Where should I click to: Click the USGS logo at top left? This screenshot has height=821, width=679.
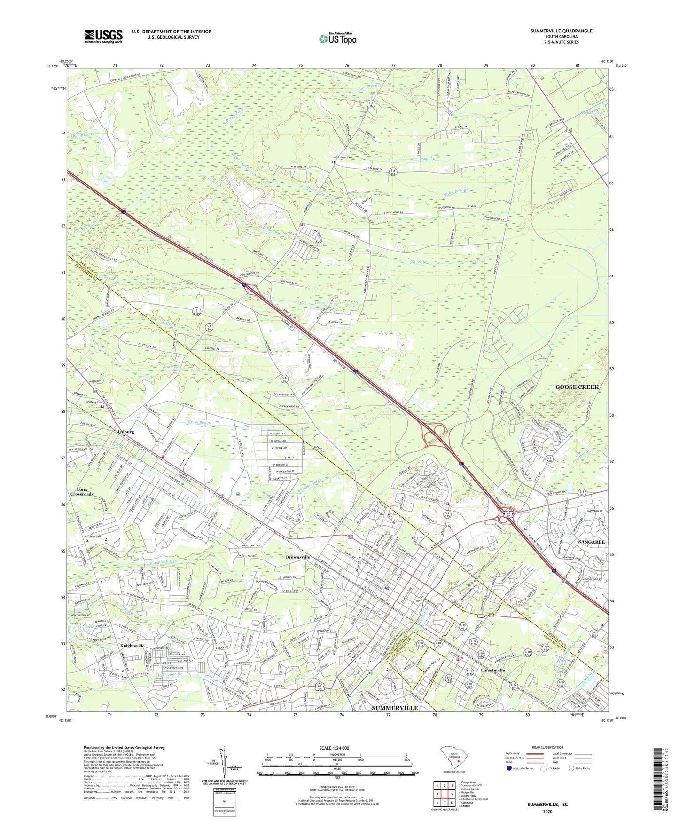point(103,36)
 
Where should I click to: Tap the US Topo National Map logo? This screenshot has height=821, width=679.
point(337,39)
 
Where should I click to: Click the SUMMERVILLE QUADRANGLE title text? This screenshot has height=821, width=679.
point(561,31)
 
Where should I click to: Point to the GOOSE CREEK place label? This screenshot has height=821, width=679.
point(577,387)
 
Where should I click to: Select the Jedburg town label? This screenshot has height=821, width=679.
point(125,432)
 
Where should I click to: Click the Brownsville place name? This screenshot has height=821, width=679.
point(298,557)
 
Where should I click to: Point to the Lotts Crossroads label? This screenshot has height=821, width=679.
point(82,492)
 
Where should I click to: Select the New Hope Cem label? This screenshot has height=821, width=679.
point(343,158)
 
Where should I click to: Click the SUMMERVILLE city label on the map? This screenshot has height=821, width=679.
point(395,708)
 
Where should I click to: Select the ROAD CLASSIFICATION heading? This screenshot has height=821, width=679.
point(547,747)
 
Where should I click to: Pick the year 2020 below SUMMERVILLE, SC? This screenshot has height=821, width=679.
point(547,812)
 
